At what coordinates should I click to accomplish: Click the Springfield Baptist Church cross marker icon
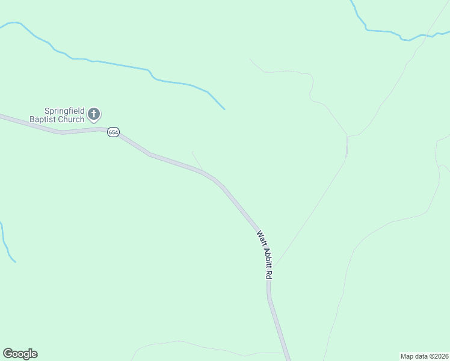click(94, 113)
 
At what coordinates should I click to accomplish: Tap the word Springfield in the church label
click(64, 111)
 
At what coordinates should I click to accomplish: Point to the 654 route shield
click(113, 132)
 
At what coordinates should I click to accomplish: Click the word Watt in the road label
click(260, 236)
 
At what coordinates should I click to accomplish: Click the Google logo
click(20, 354)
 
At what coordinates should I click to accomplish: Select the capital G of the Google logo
click(8, 353)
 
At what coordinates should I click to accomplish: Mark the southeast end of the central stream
click(224, 109)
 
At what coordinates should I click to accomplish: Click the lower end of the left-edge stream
click(14, 262)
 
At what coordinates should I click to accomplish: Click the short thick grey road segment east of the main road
click(347, 146)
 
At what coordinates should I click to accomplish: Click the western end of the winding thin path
click(251, 60)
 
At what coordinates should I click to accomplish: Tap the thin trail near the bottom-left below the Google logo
click(180, 343)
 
